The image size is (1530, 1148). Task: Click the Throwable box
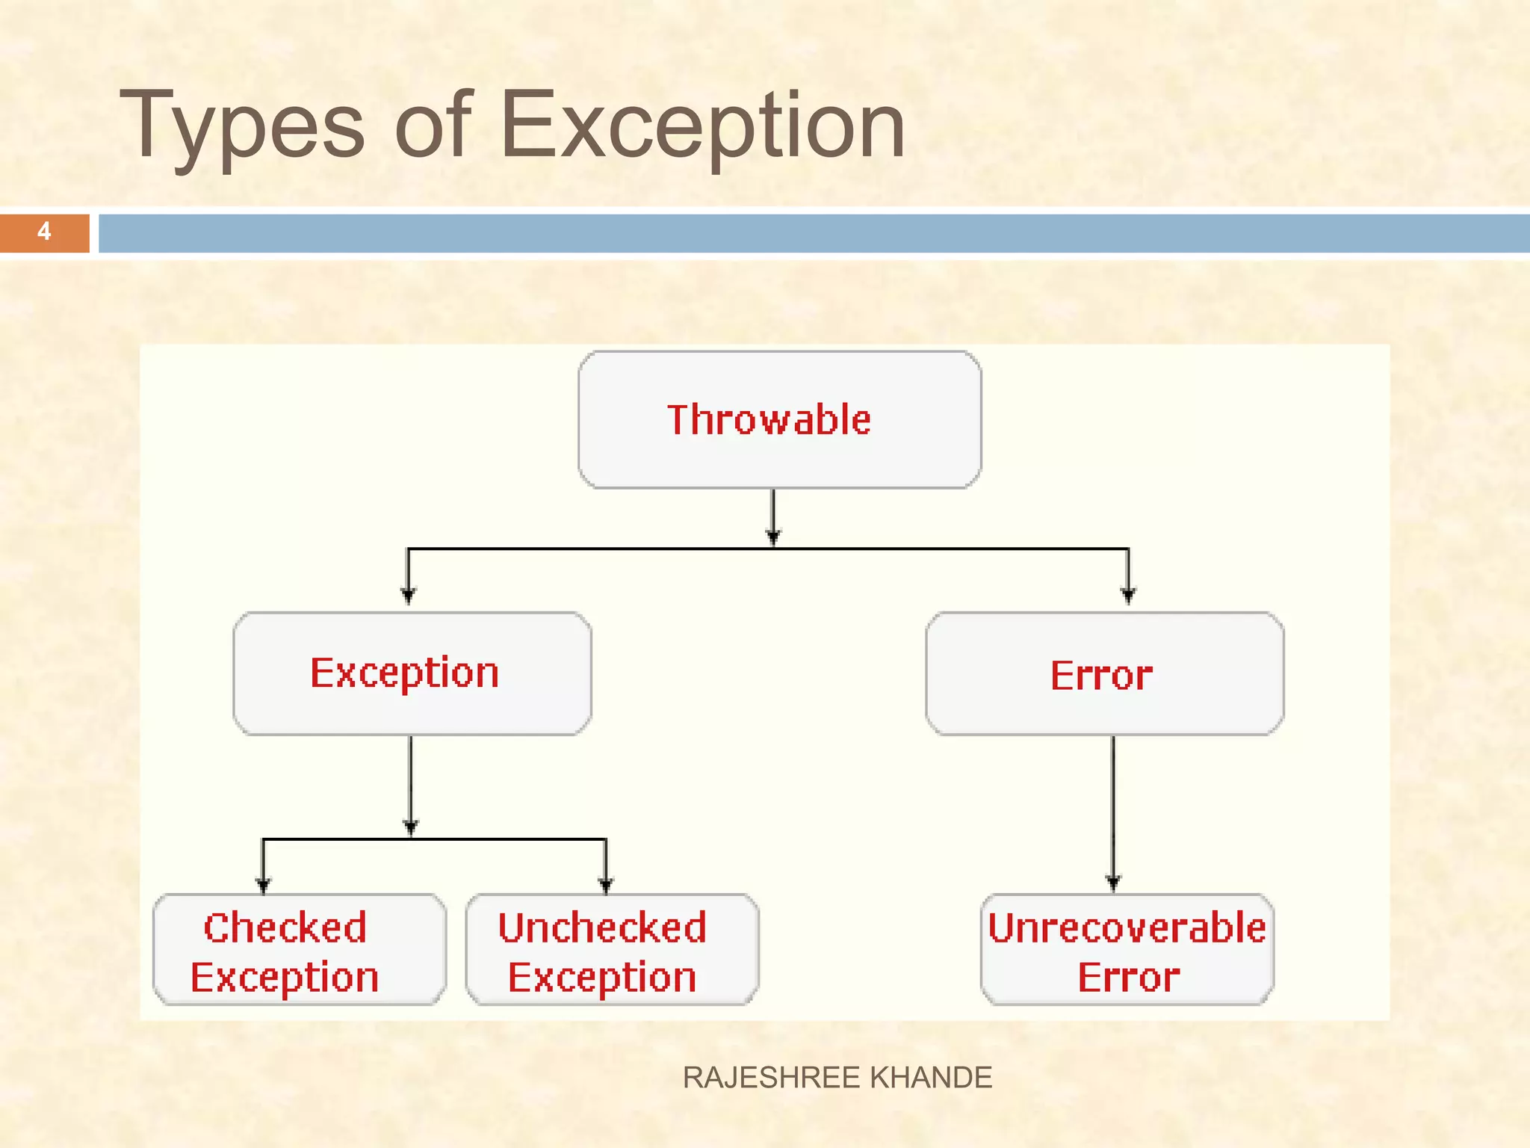click(x=779, y=420)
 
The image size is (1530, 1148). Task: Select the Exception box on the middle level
click(x=412, y=673)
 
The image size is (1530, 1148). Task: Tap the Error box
click(x=1104, y=673)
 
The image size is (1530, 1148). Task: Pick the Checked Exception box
click(x=299, y=949)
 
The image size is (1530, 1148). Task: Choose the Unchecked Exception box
click(x=612, y=949)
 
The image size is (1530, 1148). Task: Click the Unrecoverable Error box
click(x=1127, y=949)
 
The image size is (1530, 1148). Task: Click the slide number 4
click(x=44, y=232)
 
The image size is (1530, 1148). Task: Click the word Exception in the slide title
click(x=702, y=126)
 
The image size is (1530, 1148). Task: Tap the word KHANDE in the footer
click(x=932, y=1078)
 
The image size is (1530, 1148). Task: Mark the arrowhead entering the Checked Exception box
click(x=263, y=886)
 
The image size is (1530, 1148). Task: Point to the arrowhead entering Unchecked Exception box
click(x=606, y=886)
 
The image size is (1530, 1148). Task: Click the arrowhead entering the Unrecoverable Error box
click(x=1113, y=883)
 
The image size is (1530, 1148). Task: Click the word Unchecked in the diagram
click(x=602, y=928)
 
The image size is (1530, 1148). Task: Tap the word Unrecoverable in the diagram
click(x=1127, y=928)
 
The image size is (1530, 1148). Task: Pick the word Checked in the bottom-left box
click(x=285, y=928)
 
